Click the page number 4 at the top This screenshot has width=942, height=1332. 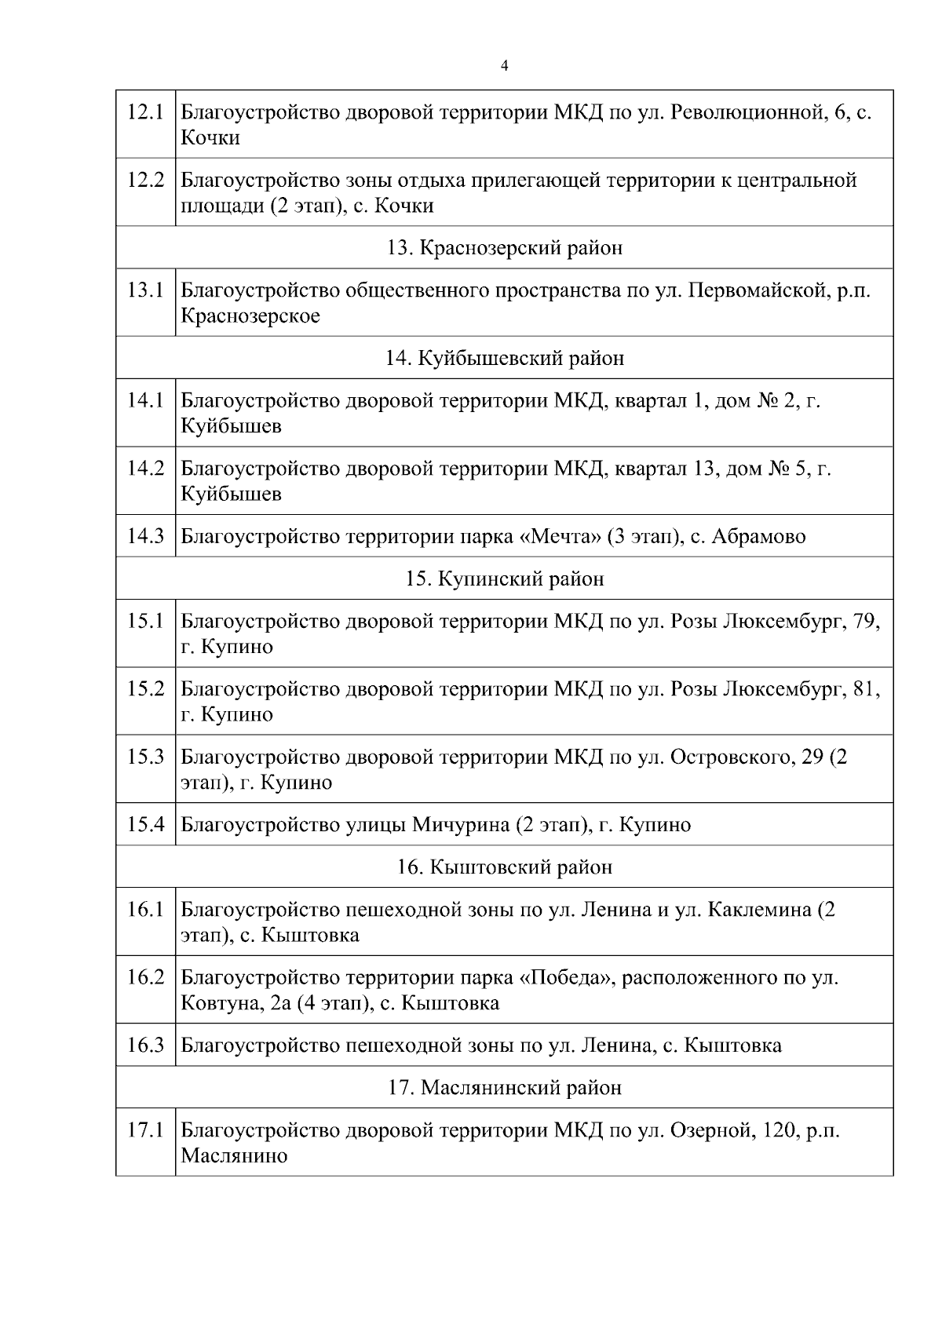coord(504,66)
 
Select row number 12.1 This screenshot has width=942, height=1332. coord(145,112)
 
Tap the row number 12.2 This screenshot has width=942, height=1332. coord(145,180)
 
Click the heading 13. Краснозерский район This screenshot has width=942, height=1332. coord(505,248)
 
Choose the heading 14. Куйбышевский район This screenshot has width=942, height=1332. coord(505,359)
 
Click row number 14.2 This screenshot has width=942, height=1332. coord(145,469)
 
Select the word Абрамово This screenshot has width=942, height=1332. coord(758,537)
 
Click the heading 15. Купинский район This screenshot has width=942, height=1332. coord(505,579)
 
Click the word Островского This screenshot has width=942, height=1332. coord(729,757)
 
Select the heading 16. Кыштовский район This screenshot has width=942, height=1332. coord(505,867)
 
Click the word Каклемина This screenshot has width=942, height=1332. coord(759,910)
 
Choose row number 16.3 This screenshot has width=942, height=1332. coord(145,1046)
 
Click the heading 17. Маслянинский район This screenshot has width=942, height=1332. coord(505,1088)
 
